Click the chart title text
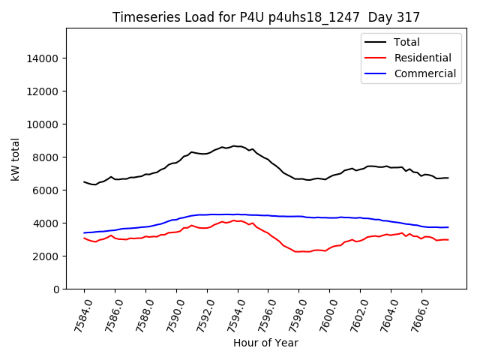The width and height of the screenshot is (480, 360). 266,17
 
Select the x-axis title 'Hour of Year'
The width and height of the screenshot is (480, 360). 265,343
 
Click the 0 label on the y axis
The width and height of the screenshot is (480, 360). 55,289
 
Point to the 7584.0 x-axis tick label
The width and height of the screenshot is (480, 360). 77,313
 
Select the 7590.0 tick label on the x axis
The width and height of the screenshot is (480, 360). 169,313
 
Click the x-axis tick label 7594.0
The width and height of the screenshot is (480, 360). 231,313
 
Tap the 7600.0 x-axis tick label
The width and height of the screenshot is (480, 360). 323,313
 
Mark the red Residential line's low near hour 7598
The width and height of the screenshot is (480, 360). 298,251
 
